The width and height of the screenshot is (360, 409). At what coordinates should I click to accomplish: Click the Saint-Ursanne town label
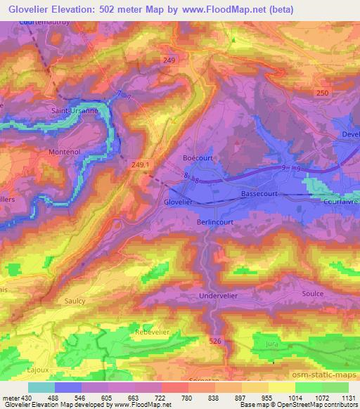[72, 110]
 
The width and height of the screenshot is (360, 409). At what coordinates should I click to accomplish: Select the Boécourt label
[197, 158]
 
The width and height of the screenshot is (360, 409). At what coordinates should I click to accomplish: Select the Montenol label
[65, 151]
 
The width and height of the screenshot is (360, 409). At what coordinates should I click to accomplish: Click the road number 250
[323, 93]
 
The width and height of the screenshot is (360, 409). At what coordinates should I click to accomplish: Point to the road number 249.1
[141, 164]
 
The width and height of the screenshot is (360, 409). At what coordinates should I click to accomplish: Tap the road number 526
[215, 341]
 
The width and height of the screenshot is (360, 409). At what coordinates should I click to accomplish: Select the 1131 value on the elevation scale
[347, 398]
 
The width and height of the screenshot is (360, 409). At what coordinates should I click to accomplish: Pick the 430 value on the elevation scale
[23, 398]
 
